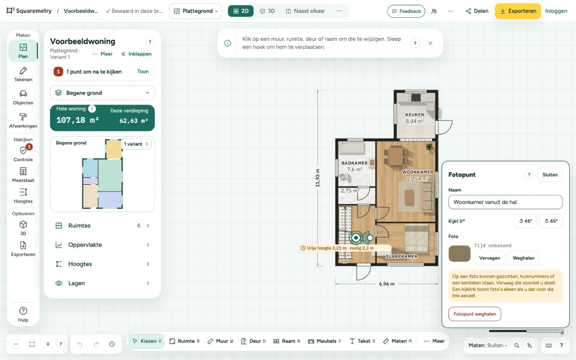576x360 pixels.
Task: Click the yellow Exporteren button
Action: [x=518, y=11]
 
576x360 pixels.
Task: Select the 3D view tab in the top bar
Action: [x=267, y=11]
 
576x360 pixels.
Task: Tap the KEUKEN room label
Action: [x=415, y=115]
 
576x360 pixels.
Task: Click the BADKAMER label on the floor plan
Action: [x=354, y=163]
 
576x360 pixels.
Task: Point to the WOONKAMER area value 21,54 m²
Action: [x=418, y=179]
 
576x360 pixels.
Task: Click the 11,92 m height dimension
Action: [x=318, y=178]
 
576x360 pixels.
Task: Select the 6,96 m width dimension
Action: [x=386, y=284]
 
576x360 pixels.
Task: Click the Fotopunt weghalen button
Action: [x=474, y=314]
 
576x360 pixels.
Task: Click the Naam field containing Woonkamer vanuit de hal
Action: [x=505, y=202]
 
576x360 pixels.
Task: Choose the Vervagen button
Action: [x=489, y=258]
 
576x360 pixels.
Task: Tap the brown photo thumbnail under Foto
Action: [x=459, y=253]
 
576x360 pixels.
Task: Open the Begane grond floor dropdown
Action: [x=102, y=93]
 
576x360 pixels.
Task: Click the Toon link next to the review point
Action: [x=143, y=72]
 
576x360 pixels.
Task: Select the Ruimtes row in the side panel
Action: [x=102, y=226]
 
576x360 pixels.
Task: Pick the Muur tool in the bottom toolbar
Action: [x=220, y=341]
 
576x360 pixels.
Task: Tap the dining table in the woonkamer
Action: [x=396, y=156]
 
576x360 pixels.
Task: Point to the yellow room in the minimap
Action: [x=114, y=149]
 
